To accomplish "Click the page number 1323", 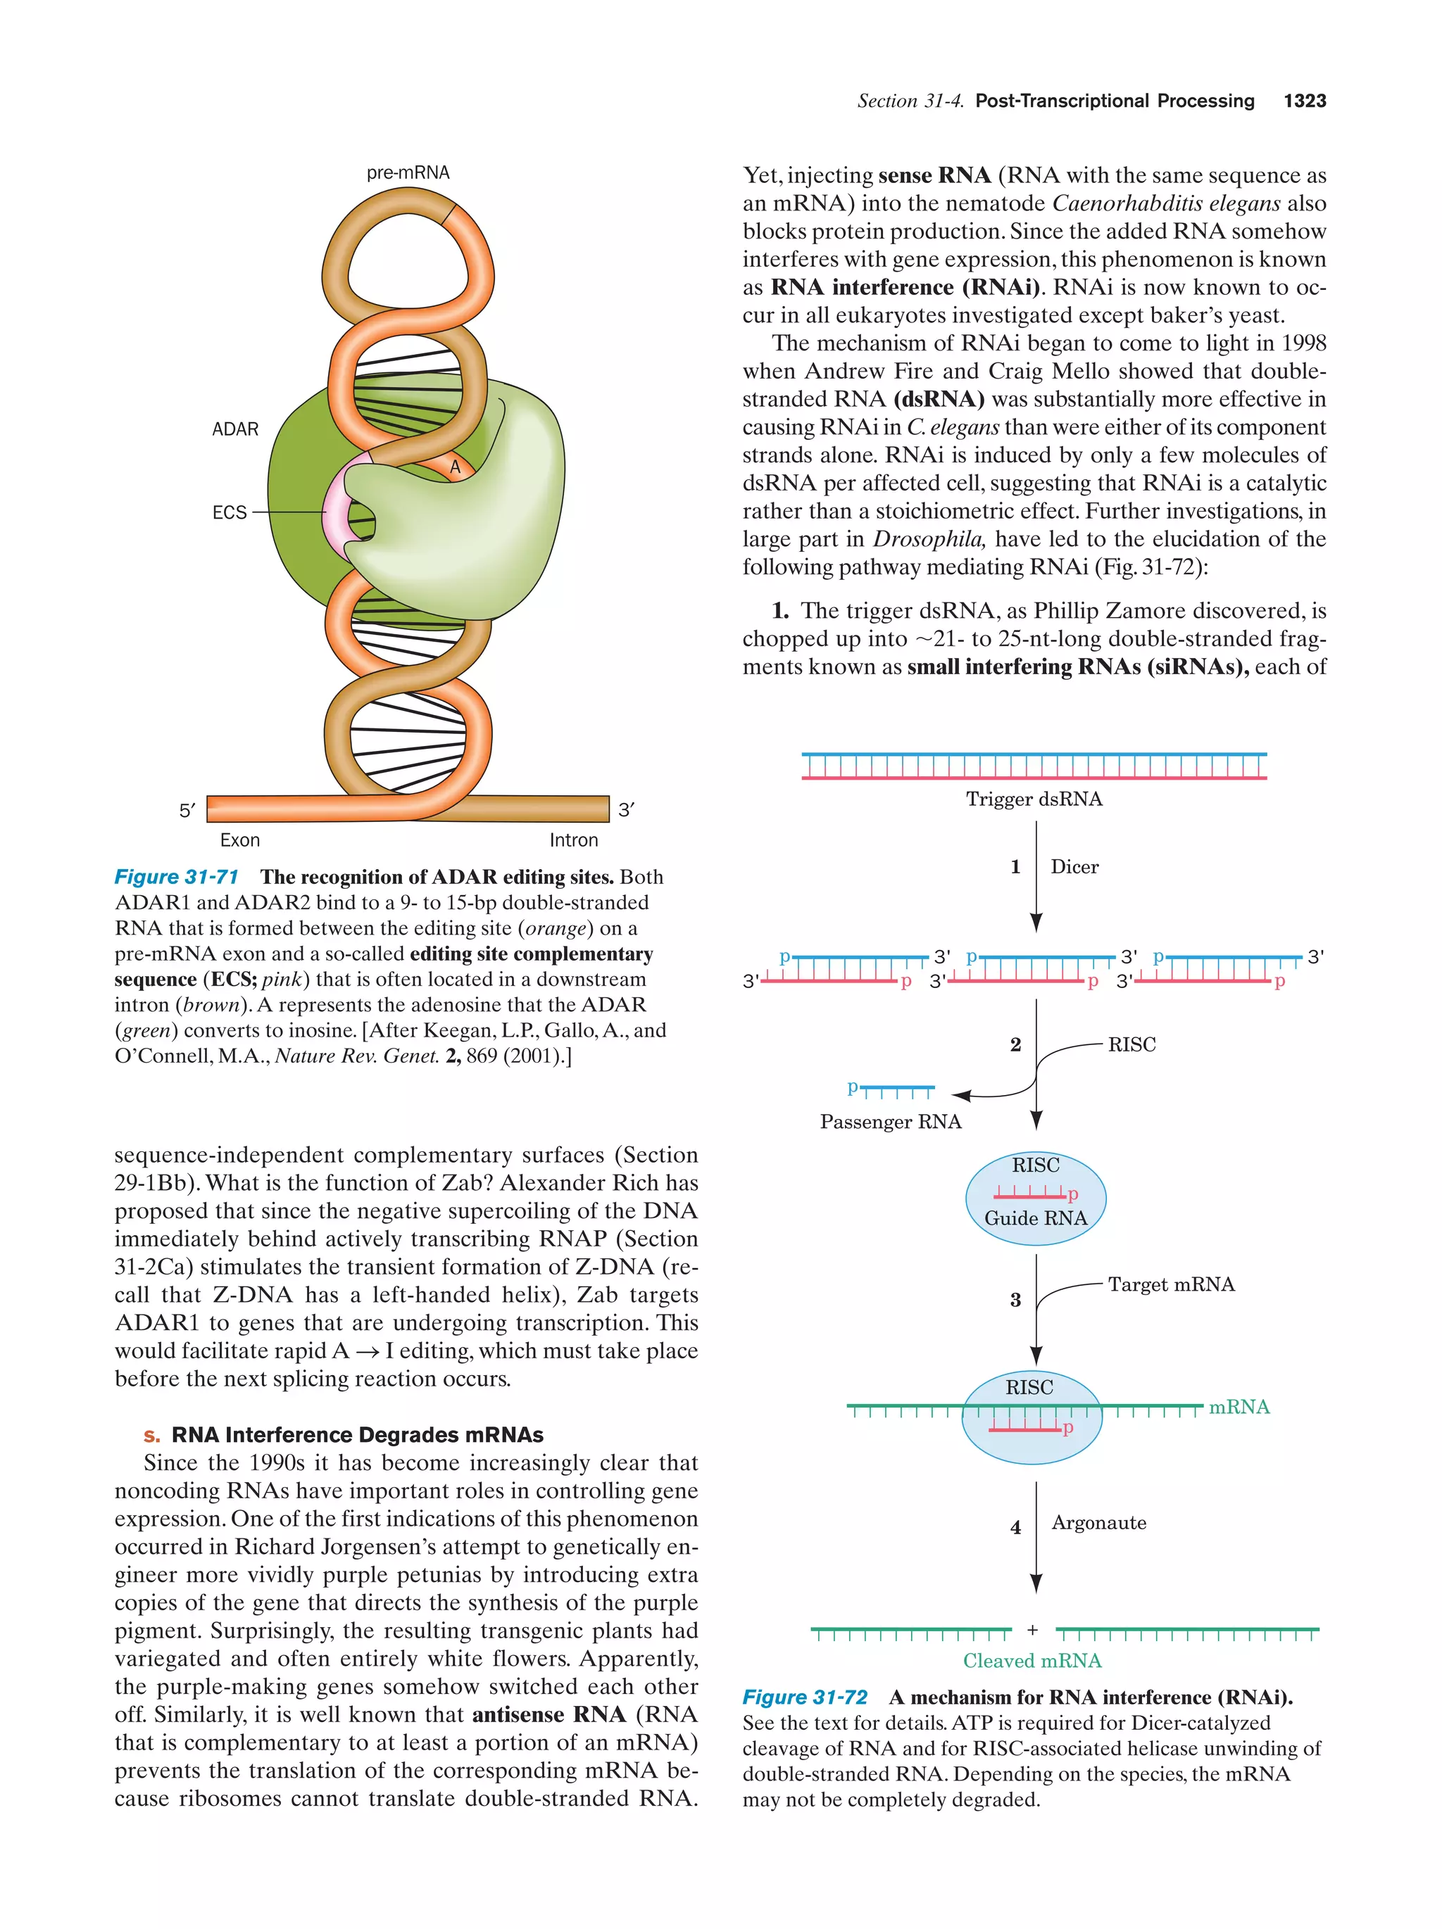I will [x=1304, y=101].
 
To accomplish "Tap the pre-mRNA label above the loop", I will [x=408, y=172].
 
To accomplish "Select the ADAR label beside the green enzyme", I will [x=236, y=429].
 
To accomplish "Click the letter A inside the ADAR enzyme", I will [x=454, y=468].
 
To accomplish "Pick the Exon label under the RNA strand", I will [x=240, y=840].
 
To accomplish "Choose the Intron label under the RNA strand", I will [x=573, y=840].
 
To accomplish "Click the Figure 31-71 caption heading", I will [x=176, y=876].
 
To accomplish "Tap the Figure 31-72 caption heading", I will [x=804, y=1697].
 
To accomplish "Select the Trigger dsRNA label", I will [x=1034, y=799].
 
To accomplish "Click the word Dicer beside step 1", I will [x=1074, y=867].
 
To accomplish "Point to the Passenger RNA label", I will [x=890, y=1122].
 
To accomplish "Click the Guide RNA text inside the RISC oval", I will [x=1036, y=1218].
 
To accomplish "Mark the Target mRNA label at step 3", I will [x=1171, y=1284].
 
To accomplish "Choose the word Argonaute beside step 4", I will [x=1098, y=1523].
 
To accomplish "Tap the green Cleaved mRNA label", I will [x=1032, y=1660].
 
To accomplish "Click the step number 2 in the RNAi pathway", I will [x=1015, y=1045].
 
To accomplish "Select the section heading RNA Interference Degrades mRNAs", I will [x=357, y=1434].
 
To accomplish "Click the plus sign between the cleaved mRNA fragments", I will [x=1033, y=1630].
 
